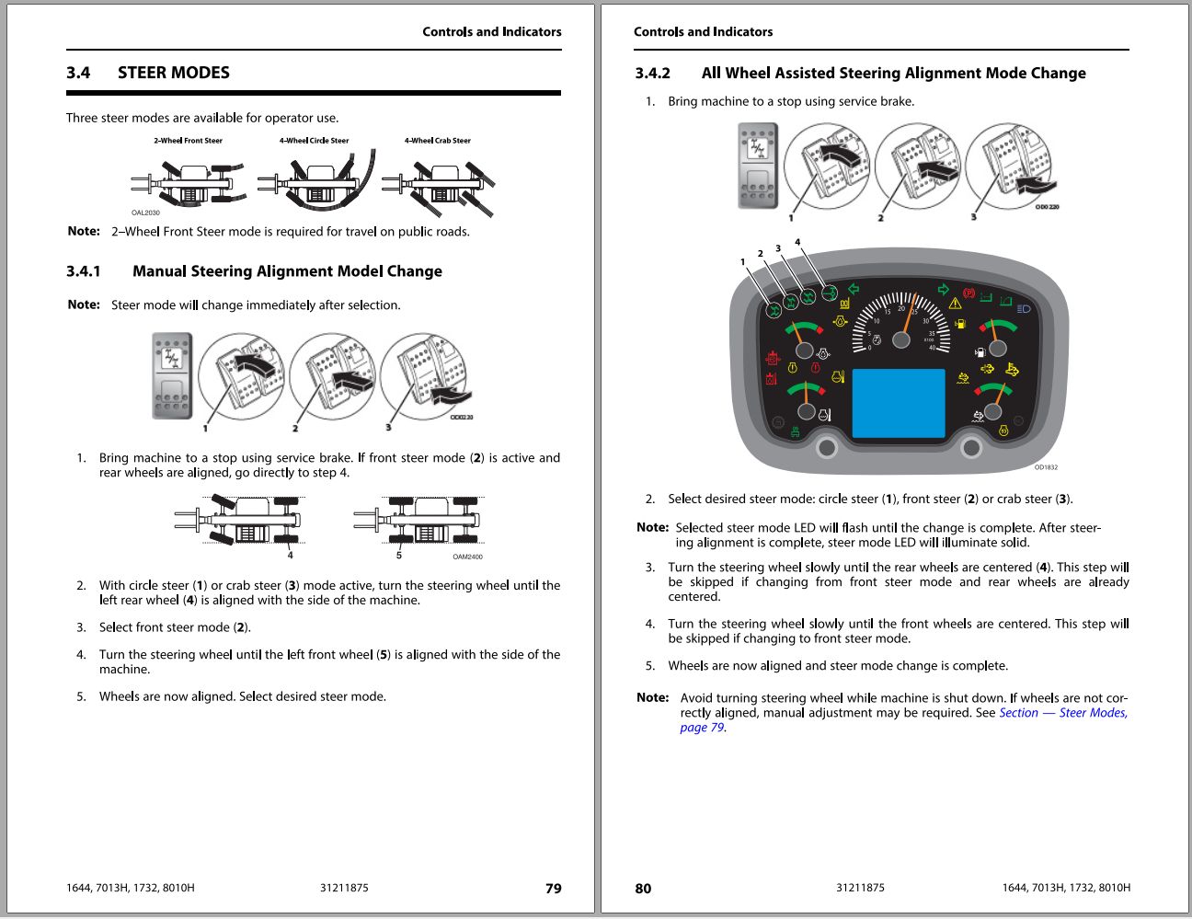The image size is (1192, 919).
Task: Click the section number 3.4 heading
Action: (x=78, y=73)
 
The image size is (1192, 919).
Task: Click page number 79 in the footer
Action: (x=553, y=889)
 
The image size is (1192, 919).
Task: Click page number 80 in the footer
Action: (x=643, y=889)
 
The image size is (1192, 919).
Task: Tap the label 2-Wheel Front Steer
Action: (x=188, y=141)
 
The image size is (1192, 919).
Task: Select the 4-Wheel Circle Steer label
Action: (x=314, y=141)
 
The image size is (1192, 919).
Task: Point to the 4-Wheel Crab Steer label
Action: (x=437, y=141)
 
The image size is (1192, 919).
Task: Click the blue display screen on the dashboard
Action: (x=899, y=403)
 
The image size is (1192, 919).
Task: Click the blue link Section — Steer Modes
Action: (x=1062, y=713)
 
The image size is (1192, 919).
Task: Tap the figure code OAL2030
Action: (x=145, y=213)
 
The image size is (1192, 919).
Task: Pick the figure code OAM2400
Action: (x=467, y=557)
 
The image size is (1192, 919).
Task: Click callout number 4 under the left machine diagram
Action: (x=290, y=555)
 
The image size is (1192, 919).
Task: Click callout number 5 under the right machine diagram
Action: (x=399, y=555)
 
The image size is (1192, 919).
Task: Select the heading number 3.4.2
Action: (x=652, y=74)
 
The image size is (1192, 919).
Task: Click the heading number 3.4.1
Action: (x=84, y=271)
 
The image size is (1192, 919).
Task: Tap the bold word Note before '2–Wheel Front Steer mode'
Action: (x=84, y=231)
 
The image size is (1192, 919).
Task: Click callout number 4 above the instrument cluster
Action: (x=797, y=242)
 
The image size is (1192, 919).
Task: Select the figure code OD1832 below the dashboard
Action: (x=1046, y=467)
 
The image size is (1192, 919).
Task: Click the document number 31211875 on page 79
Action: (x=344, y=889)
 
